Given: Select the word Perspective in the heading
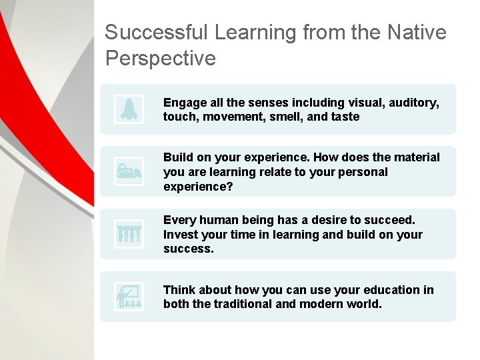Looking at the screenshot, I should [161, 59].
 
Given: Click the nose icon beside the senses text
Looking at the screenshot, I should [128, 109].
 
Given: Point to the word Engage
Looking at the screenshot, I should [183, 103].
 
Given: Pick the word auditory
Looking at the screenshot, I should [413, 103].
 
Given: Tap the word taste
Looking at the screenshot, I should [344, 117].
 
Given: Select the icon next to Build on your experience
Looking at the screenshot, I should [128, 171].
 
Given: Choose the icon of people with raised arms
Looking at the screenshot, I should [128, 233].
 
